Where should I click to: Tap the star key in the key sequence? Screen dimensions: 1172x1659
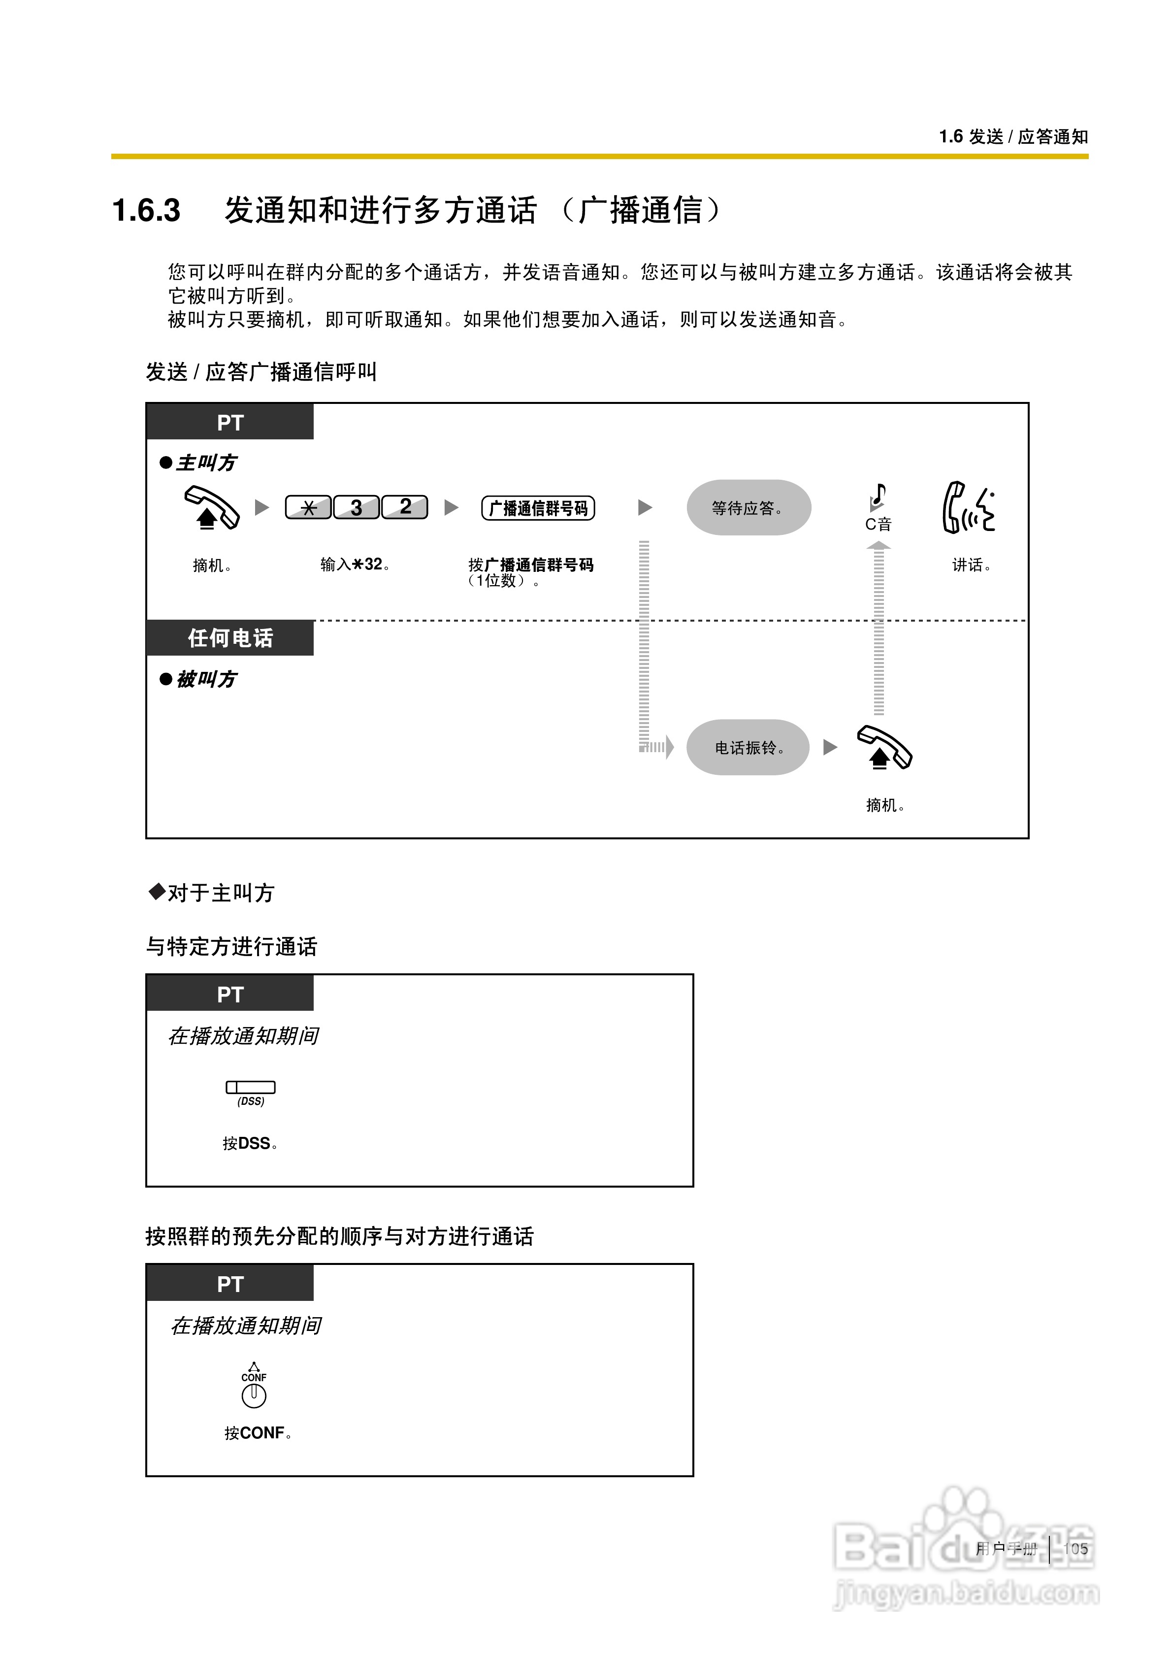pos(309,507)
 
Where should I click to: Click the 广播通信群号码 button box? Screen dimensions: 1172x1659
pos(538,508)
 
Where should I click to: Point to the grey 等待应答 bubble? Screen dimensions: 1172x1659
pos(748,507)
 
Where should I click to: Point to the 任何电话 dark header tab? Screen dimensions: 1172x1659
pos(230,637)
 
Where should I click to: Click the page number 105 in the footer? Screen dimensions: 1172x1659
pos(1075,1549)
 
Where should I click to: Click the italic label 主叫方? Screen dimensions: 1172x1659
pos(207,463)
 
